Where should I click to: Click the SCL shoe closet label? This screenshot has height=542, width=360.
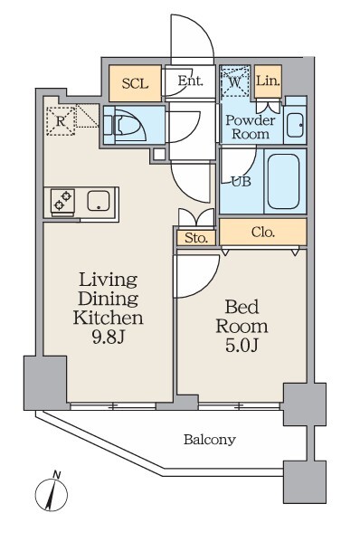pos(135,83)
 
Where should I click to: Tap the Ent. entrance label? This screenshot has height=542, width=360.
pos(190,81)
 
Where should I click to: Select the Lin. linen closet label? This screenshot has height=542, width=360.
pos(268,81)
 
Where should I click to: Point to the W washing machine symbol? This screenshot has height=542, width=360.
pos(235,82)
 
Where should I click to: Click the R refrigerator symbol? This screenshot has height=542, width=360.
pos(61,121)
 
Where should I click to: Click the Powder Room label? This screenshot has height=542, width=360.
pos(251,127)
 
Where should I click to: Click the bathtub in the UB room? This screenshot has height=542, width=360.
pos(283,181)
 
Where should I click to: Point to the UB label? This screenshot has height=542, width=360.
pos(242,182)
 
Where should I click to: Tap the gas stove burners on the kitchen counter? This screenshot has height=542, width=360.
pos(63,200)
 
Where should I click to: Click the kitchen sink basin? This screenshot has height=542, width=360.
pos(99,201)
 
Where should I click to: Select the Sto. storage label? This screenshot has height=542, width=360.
pos(196,238)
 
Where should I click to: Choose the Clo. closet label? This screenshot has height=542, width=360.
pos(263,232)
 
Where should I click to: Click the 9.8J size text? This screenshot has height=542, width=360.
pos(109,337)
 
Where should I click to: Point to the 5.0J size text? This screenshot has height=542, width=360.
pos(242,346)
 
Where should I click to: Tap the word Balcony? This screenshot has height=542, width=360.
pos(210,440)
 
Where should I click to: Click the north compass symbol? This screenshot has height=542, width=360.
pos(52,492)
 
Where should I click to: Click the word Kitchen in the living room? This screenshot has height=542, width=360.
pos(109,318)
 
